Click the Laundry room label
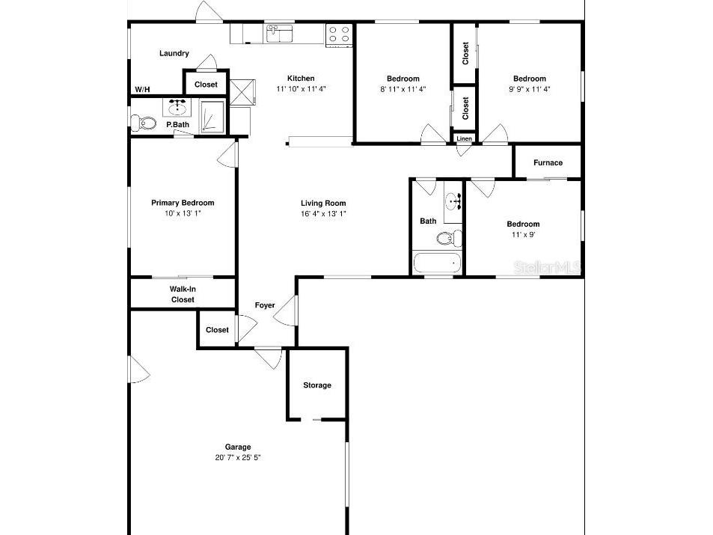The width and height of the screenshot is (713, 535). coord(174,53)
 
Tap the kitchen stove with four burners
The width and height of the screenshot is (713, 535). coord(338,34)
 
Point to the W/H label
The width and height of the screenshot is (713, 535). coord(142,90)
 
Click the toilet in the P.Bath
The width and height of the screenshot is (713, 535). coord(144,122)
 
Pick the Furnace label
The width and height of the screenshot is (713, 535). coord(548,163)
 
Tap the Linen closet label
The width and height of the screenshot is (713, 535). coord(464,138)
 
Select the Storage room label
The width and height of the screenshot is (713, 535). coord(316,385)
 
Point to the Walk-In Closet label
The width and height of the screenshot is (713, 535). coord(183,294)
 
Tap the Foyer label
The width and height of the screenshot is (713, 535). coord(265,305)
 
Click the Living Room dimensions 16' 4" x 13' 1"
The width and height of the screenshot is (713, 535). coord(323,213)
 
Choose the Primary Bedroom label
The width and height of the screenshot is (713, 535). coord(183,203)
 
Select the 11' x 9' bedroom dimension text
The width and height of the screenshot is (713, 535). coord(523,234)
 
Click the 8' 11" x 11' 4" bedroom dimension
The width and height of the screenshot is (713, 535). coord(403,89)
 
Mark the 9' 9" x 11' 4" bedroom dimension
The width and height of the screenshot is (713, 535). coord(529,89)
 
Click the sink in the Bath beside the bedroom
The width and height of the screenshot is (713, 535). coord(453,201)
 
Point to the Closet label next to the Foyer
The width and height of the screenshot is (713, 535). coord(217,330)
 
